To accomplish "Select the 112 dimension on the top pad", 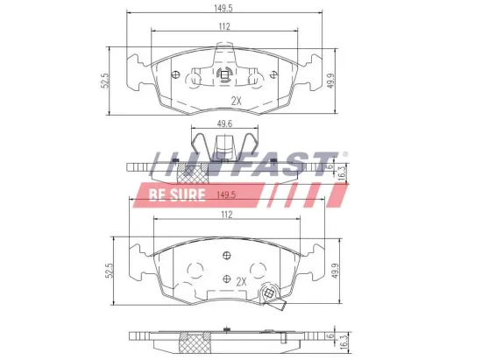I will coord(225,26).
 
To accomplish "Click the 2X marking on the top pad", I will coord(235,100).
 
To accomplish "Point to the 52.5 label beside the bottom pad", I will coord(109,271).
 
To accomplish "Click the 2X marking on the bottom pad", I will coord(241,281).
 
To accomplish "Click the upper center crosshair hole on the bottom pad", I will coord(226,256).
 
